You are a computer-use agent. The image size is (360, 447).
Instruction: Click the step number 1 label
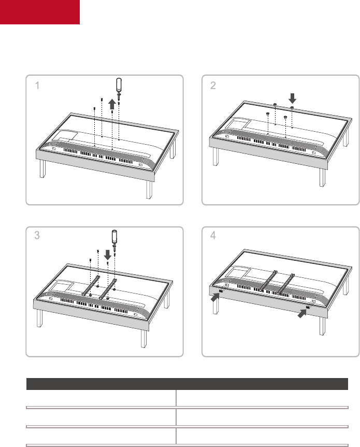pyautogui.click(x=37, y=87)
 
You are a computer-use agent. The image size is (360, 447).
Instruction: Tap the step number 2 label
pyautogui.click(x=213, y=87)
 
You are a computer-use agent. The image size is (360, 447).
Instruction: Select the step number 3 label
pyautogui.click(x=37, y=235)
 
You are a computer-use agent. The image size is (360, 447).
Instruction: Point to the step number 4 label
pyautogui.click(x=213, y=235)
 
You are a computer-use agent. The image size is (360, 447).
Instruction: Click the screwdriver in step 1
pyautogui.click(x=119, y=88)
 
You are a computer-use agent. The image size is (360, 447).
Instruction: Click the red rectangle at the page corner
pyautogui.click(x=39, y=12)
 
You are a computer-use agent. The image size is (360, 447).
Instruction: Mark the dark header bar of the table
pyautogui.click(x=186, y=384)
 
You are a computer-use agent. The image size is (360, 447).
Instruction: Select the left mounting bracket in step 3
pyautogui.click(x=91, y=286)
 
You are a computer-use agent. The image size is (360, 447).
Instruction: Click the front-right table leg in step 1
pyautogui.click(x=149, y=189)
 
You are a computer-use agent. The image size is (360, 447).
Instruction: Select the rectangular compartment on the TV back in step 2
pyautogui.click(x=239, y=125)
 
